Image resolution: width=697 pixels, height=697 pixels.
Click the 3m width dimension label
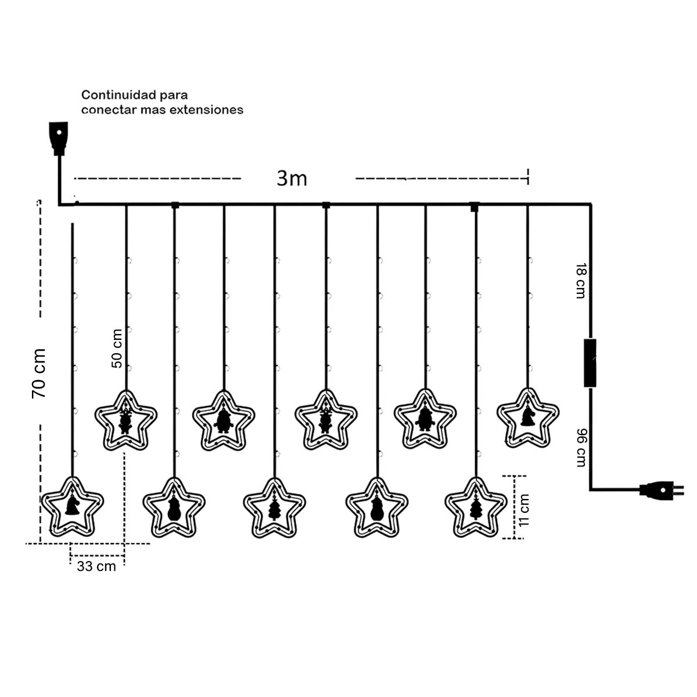(x=292, y=178)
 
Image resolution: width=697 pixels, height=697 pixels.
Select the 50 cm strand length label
(x=117, y=348)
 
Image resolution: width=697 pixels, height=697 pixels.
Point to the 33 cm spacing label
(x=96, y=566)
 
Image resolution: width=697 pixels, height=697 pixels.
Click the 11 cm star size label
(x=525, y=509)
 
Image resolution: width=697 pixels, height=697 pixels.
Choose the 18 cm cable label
(x=579, y=281)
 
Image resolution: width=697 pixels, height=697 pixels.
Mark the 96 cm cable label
(x=580, y=448)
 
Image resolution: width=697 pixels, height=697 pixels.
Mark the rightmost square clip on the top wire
(x=475, y=205)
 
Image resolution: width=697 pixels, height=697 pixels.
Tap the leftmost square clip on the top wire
(x=174, y=204)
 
